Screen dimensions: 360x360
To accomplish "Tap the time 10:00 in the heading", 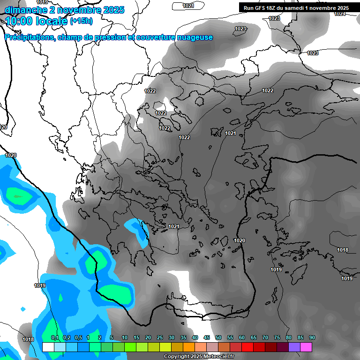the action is click(18, 21).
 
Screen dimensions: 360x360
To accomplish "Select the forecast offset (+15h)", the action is click(81, 21).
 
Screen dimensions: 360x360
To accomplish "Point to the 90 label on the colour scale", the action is click(312, 338).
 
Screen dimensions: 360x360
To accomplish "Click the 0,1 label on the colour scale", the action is click(55, 338).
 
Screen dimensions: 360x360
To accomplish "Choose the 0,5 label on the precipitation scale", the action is click(78, 338).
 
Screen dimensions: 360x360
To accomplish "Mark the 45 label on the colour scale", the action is click(207, 338).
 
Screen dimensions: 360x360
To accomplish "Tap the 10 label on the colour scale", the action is click(125, 338).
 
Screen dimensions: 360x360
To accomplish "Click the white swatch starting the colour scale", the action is click(48, 347).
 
